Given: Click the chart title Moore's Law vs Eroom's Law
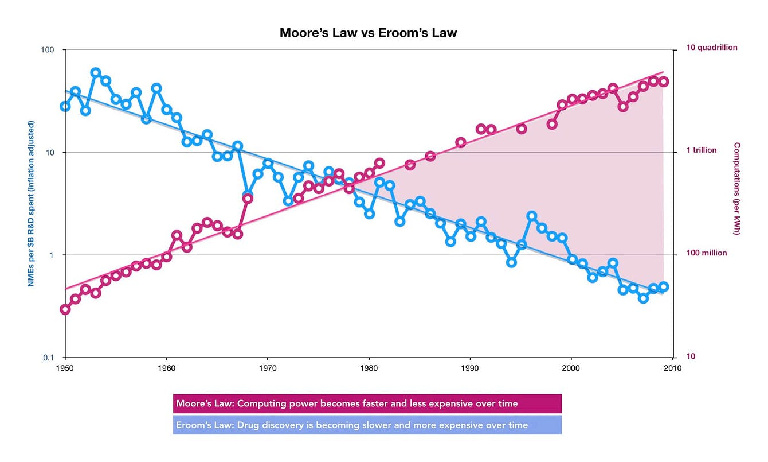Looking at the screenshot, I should click(x=368, y=33).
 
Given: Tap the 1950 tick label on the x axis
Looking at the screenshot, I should click(x=65, y=368).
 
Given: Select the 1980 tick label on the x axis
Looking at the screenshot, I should click(x=369, y=368).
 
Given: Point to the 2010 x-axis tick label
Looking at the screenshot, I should click(x=672, y=368).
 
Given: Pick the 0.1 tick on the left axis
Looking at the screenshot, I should click(x=49, y=358).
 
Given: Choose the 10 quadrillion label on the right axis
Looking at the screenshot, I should click(x=712, y=48).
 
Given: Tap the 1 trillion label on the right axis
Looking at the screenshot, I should click(x=702, y=150).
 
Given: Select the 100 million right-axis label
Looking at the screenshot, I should click(x=707, y=253).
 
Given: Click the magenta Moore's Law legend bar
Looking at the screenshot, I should click(x=367, y=403).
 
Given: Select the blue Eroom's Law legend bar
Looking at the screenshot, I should click(x=367, y=425).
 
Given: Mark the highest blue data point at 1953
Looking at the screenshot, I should click(x=96, y=73).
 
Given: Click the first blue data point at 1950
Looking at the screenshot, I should click(x=65, y=106).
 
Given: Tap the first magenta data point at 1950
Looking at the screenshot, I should click(x=65, y=309).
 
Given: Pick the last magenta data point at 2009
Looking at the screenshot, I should click(x=664, y=81).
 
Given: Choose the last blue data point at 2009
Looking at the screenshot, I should click(x=664, y=286).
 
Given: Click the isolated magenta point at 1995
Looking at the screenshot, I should click(x=522, y=129).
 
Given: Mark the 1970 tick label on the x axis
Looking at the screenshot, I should click(x=268, y=368).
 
